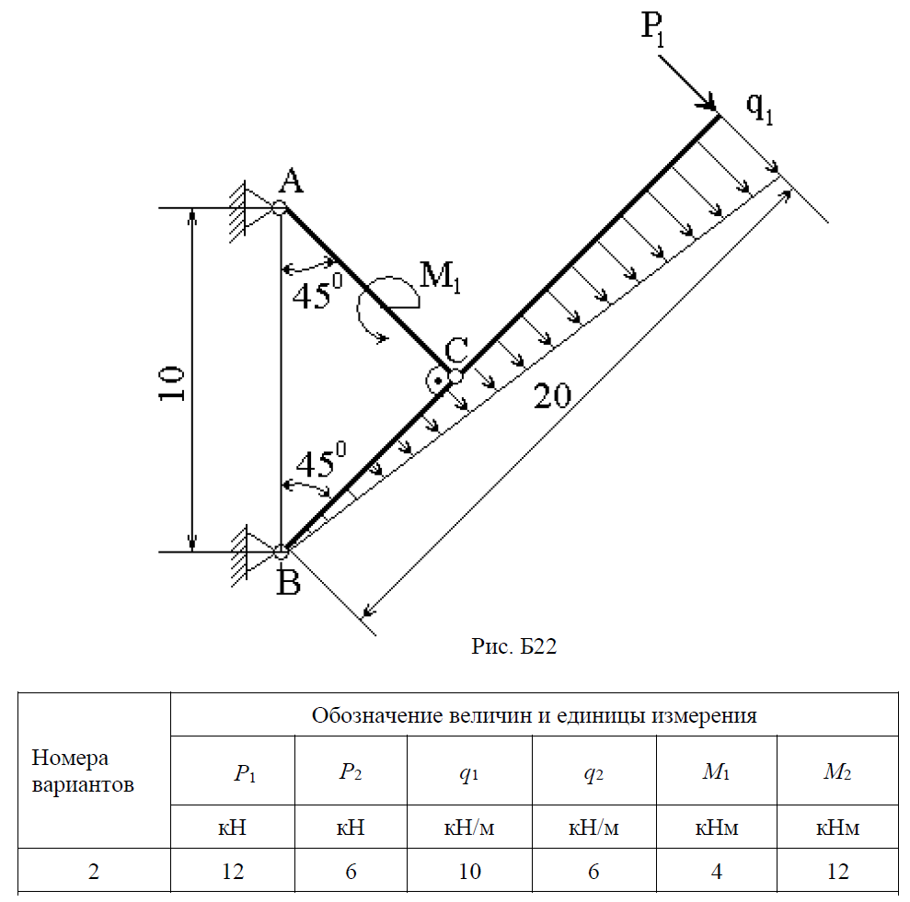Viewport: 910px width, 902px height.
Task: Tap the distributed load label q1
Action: pos(759,108)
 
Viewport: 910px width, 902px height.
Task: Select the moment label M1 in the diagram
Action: pos(440,276)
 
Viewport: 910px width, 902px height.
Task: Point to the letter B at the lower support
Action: pos(289,582)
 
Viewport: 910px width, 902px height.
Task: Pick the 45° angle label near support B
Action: pos(319,462)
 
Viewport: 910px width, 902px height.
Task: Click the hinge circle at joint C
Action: pos(455,376)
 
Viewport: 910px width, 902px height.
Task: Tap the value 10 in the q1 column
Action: pos(469,871)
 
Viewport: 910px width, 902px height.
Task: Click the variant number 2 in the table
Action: pos(94,871)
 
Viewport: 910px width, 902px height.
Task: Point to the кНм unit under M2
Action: pos(837,828)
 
